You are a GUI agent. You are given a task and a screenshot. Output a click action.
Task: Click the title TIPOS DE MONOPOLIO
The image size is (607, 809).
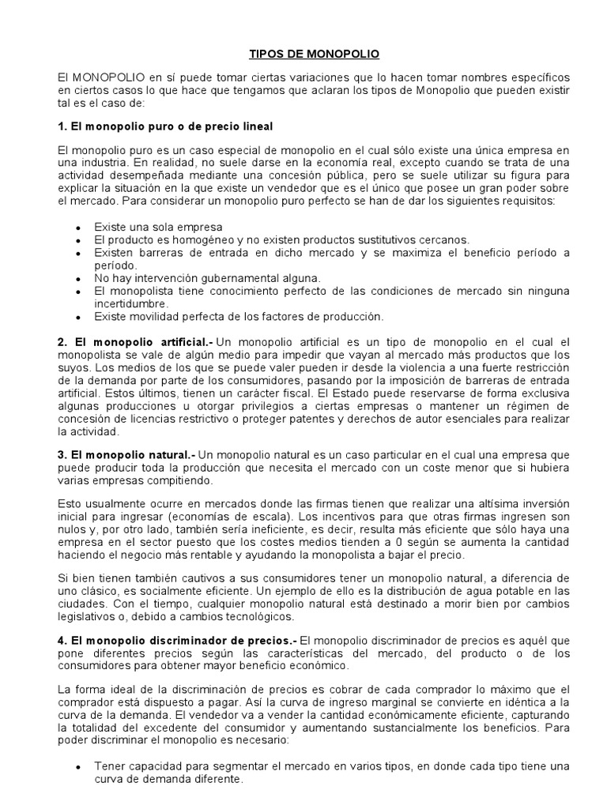[303, 54]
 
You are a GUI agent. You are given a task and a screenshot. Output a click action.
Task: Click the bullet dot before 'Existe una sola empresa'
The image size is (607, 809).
[77, 228]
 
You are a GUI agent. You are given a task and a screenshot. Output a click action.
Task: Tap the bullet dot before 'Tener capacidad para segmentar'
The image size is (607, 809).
[77, 767]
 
